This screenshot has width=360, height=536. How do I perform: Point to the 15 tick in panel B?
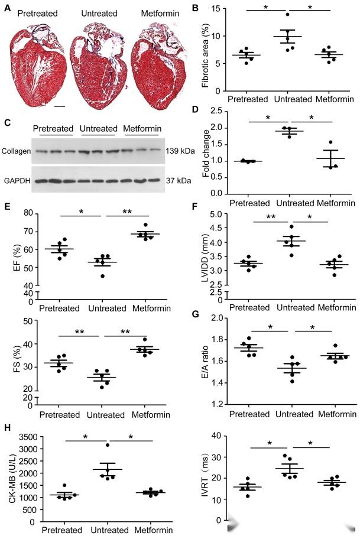pyautogui.click(x=222, y=9)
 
